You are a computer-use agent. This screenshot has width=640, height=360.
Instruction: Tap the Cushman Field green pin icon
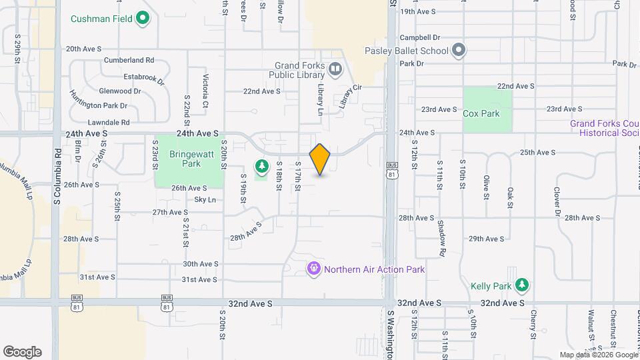(142, 17)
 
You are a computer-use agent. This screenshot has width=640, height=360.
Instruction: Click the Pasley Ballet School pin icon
(458, 50)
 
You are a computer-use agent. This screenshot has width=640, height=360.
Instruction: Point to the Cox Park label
(481, 113)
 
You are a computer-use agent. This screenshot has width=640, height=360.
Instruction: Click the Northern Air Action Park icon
(314, 269)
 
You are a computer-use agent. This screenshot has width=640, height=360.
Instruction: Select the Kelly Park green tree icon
(523, 285)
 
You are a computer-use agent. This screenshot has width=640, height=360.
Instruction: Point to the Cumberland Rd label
(129, 60)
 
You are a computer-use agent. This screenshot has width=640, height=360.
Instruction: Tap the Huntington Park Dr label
(99, 105)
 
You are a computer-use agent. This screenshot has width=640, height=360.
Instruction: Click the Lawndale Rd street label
(108, 123)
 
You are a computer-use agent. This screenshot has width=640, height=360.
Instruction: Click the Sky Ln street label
(205, 199)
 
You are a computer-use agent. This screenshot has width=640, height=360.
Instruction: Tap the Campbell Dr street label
(420, 38)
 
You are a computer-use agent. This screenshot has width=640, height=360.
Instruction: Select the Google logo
(22, 352)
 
